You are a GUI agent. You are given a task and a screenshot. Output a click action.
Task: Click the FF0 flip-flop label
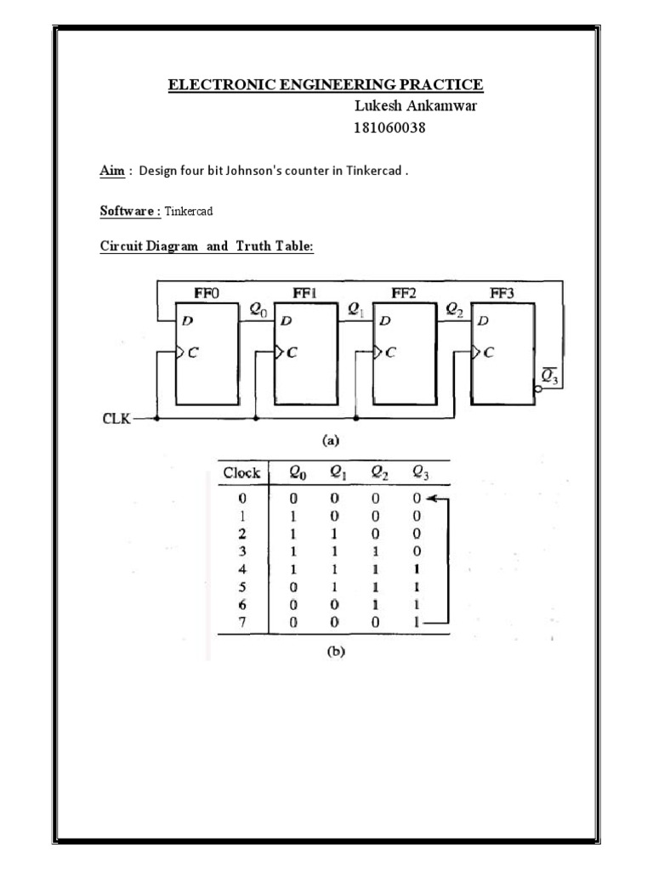(x=206, y=293)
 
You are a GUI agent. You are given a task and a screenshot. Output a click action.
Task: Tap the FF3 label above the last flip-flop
(x=503, y=293)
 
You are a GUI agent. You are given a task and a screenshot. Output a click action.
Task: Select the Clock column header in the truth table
(x=241, y=473)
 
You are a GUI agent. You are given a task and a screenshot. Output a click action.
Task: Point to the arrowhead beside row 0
(x=434, y=499)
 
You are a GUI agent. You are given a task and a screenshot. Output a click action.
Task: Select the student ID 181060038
(x=389, y=128)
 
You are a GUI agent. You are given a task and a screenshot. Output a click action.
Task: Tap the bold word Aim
(x=111, y=171)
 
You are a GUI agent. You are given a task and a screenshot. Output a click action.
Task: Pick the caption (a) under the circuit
(x=329, y=441)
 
